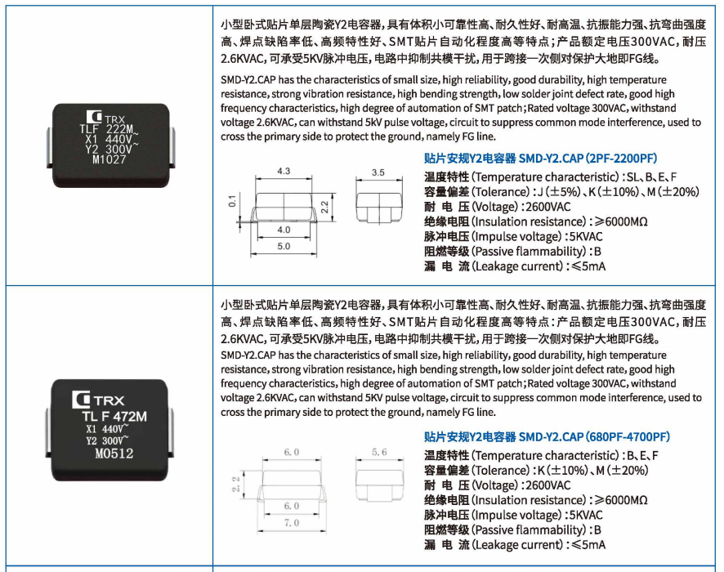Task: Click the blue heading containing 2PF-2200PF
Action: pyautogui.click(x=540, y=159)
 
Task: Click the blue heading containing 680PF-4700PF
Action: pyautogui.click(x=547, y=436)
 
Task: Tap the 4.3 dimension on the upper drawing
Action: pyautogui.click(x=284, y=171)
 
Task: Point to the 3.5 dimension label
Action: pyautogui.click(x=378, y=172)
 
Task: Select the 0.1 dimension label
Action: pyautogui.click(x=232, y=201)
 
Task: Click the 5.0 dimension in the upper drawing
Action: pyautogui.click(x=284, y=246)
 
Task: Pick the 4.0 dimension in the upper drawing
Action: pyautogui.click(x=284, y=230)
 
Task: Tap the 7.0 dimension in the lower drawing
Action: pyautogui.click(x=292, y=523)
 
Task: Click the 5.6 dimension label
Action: pyautogui.click(x=379, y=452)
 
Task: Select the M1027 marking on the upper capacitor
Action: pyautogui.click(x=109, y=159)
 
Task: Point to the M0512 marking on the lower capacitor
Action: pyautogui.click(x=114, y=454)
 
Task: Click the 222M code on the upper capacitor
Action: pyautogui.click(x=119, y=129)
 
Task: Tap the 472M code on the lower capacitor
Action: pyautogui.click(x=130, y=417)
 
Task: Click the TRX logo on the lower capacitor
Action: pyautogui.click(x=98, y=400)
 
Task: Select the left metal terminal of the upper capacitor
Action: pyautogui.click(x=49, y=147)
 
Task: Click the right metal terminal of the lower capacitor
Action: pyautogui.click(x=170, y=433)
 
